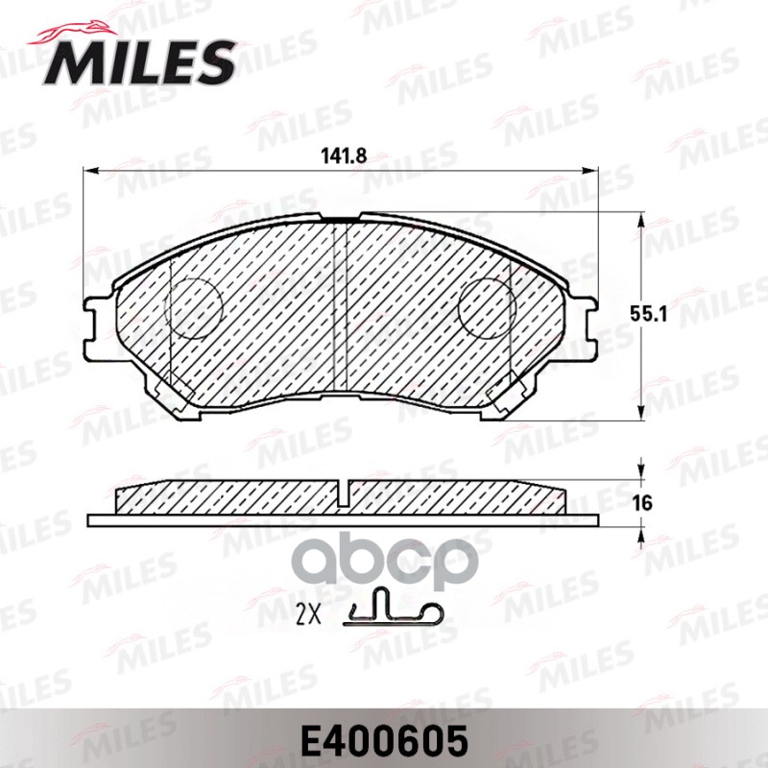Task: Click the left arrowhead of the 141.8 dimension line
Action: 90,172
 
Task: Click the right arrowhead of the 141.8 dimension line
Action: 593,172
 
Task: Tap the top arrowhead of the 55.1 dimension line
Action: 641,219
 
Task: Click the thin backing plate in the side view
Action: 343,520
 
